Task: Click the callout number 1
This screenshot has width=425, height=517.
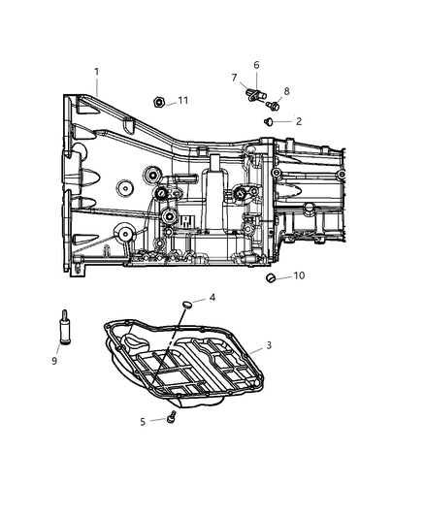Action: (x=96, y=71)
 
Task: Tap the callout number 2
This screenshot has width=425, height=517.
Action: (x=299, y=121)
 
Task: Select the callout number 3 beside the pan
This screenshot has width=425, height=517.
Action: (x=269, y=345)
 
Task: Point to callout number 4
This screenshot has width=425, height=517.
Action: (x=212, y=298)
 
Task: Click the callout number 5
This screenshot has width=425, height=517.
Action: (x=142, y=421)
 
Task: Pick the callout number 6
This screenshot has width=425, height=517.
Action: (x=256, y=65)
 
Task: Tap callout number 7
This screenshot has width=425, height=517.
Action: (x=234, y=77)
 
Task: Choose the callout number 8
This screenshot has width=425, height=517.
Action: (x=286, y=91)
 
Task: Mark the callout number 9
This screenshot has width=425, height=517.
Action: (x=54, y=361)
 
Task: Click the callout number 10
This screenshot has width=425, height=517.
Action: (x=300, y=275)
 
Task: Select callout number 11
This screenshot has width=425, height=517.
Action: (x=182, y=100)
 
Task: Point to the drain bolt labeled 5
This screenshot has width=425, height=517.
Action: (x=168, y=417)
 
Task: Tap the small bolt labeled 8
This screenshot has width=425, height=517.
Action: (x=276, y=105)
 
